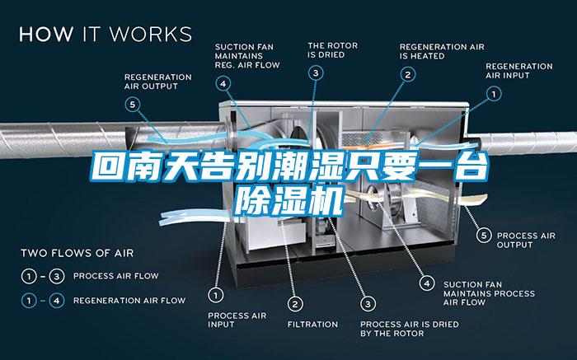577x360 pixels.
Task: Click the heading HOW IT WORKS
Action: [106, 34]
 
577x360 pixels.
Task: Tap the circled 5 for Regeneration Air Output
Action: [133, 105]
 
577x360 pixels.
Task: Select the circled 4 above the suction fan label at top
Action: [223, 84]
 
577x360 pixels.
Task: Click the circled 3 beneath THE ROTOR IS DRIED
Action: [316, 72]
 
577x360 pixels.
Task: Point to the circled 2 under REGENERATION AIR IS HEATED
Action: [408, 75]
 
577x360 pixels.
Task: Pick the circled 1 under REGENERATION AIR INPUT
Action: [494, 94]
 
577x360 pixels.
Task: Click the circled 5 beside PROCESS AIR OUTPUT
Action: [484, 236]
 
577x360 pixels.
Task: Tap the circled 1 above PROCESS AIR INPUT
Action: [216, 295]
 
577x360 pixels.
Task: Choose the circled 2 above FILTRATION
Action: [295, 304]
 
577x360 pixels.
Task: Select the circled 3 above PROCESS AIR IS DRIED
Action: [368, 304]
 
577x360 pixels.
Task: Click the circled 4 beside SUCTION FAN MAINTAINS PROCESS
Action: [427, 283]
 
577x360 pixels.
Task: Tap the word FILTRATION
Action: [312, 325]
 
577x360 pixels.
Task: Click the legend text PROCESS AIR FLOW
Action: [116, 276]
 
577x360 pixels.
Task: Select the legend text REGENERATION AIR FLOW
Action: [129, 301]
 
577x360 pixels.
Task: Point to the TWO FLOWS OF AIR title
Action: [77, 254]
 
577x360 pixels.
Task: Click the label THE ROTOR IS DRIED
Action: [333, 50]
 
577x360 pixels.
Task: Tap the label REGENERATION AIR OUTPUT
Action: [158, 82]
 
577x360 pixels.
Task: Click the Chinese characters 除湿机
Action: [289, 201]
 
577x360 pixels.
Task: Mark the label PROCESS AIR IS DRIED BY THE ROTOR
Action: [409, 329]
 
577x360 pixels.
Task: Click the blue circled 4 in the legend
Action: [57, 301]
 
